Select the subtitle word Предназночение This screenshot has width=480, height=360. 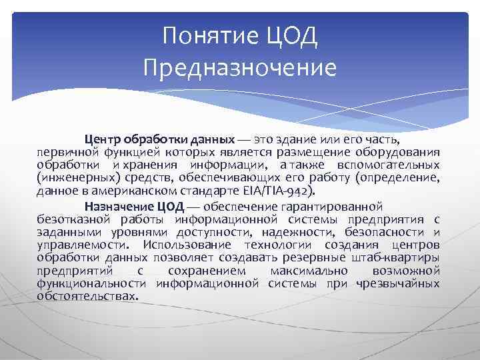click(240, 67)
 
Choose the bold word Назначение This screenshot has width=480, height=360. click(117, 205)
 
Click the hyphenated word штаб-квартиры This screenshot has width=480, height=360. click(396, 257)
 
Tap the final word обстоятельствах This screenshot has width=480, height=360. click(86, 296)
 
